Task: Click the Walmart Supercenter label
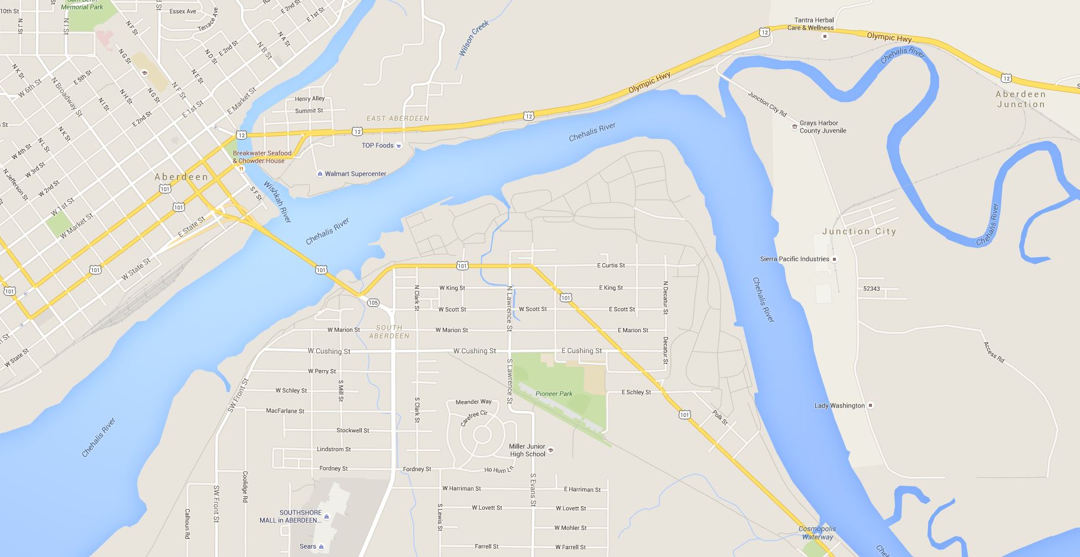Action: click(x=355, y=174)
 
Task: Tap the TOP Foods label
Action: click(x=378, y=145)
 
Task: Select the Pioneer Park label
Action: click(x=554, y=394)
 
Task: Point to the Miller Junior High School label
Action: click(x=527, y=451)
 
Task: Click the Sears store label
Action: click(x=308, y=546)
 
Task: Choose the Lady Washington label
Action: click(x=839, y=406)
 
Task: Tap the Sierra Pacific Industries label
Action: click(x=794, y=259)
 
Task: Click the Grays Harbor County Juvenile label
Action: click(x=823, y=127)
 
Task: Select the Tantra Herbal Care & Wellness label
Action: click(x=814, y=24)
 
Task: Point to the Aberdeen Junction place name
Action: click(x=1021, y=99)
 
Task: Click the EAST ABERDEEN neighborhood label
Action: click(x=398, y=118)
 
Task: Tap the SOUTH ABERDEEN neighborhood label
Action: click(x=389, y=332)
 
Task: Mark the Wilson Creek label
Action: click(x=474, y=38)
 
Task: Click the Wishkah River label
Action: click(x=278, y=202)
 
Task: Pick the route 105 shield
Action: click(x=373, y=303)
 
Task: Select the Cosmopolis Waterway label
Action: click(x=818, y=533)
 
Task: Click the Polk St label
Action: click(x=720, y=417)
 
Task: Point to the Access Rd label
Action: click(x=994, y=351)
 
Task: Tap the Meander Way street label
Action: click(x=473, y=402)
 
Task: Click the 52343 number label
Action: click(x=871, y=289)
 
